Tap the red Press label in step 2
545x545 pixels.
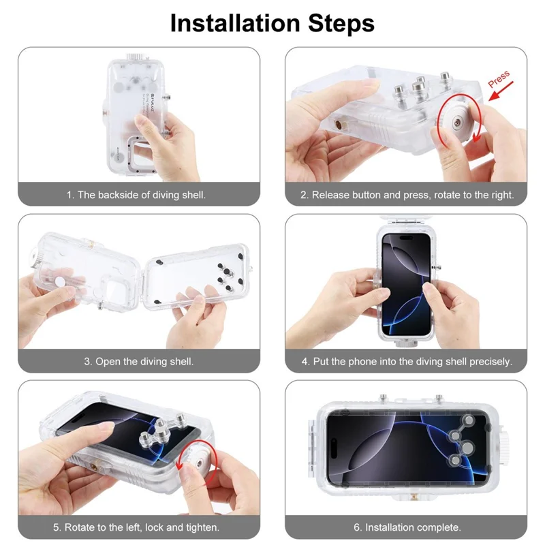(499, 79)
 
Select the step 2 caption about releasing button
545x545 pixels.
(407, 195)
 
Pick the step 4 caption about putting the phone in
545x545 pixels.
(407, 361)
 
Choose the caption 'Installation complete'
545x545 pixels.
(407, 527)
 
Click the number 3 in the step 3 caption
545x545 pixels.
(87, 361)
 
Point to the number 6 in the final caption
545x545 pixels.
(356, 527)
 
